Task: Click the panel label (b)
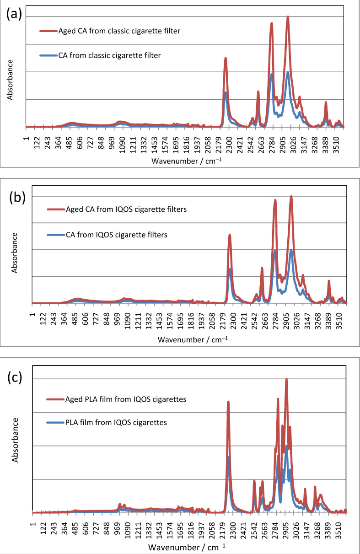pyautogui.click(x=18, y=199)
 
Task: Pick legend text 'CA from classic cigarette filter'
pyautogui.click(x=109, y=55)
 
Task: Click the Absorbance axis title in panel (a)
pyautogui.click(x=10, y=79)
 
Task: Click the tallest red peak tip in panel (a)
pyautogui.click(x=288, y=16)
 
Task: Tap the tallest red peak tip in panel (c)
pyautogui.click(x=286, y=379)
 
